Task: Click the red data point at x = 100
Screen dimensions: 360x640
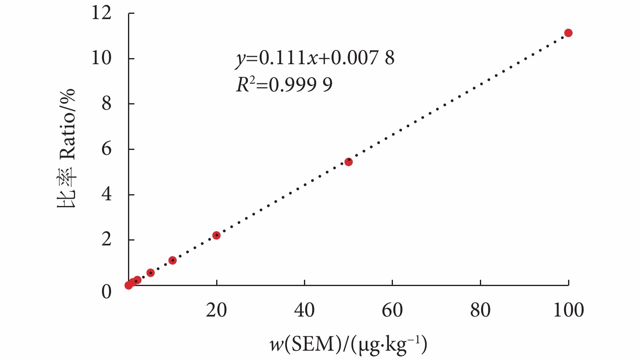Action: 568,33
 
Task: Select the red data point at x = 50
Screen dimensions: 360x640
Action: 348,162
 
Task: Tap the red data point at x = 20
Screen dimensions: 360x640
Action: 216,235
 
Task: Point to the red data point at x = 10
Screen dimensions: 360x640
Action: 172,260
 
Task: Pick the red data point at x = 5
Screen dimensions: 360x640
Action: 150,273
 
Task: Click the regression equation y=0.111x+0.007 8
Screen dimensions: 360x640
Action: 315,58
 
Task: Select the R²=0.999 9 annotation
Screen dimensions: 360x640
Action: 284,85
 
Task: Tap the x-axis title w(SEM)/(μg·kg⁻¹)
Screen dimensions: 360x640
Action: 348,345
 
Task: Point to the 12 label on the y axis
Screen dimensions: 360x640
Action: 101,13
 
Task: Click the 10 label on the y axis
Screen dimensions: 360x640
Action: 101,58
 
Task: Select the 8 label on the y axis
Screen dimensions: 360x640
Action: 106,104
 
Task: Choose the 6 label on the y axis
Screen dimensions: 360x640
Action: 106,149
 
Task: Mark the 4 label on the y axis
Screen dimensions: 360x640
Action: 106,195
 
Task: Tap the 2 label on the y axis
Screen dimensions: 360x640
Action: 106,240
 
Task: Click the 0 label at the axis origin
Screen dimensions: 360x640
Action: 106,292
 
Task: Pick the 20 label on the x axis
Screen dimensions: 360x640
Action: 216,310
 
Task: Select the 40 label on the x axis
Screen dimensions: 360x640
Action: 304,310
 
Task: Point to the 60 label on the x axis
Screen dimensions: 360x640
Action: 392,310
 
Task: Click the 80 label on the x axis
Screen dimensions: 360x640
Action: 480,310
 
